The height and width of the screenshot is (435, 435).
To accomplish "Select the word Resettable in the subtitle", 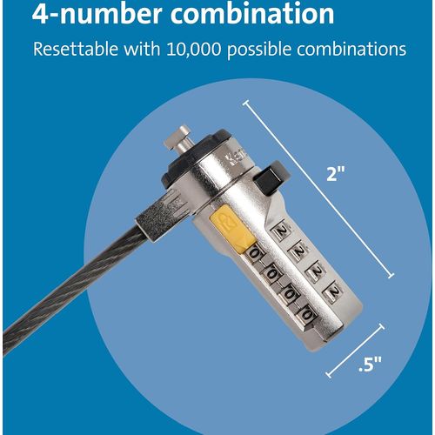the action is [x=76, y=49].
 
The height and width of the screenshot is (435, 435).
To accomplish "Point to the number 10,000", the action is [x=194, y=50].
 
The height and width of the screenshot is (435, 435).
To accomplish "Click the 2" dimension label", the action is [x=336, y=174].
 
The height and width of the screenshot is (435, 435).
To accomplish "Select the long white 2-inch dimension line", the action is [x=319, y=189].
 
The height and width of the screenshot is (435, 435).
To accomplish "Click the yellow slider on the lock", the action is [x=231, y=228].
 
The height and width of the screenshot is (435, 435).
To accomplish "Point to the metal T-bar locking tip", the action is [x=177, y=138].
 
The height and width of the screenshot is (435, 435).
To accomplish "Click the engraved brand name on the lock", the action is [x=236, y=157].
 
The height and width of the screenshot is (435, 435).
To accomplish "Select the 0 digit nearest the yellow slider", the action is [x=254, y=254].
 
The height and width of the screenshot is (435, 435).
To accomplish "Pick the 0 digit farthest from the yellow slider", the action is [x=307, y=314].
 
